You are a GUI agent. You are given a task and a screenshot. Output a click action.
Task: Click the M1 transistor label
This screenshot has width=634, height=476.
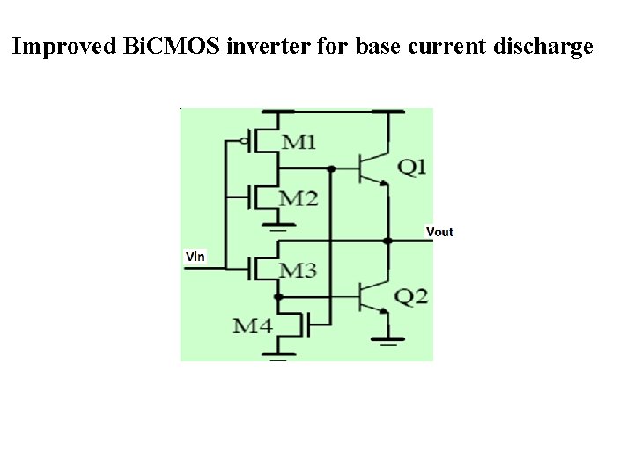point(299,141)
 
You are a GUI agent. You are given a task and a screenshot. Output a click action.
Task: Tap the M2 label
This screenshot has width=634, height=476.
point(299,198)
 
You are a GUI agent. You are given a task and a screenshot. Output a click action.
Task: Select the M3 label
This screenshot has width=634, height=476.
point(299,270)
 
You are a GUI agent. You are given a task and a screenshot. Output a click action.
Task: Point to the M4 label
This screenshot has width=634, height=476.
point(253,326)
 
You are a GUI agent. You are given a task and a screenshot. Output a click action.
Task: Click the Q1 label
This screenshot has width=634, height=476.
point(412,167)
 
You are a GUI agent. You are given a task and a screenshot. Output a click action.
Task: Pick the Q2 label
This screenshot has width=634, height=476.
point(412,297)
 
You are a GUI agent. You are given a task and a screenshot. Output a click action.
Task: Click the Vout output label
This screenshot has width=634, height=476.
point(439,232)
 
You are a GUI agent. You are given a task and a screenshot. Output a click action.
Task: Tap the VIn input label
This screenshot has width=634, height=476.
point(195,257)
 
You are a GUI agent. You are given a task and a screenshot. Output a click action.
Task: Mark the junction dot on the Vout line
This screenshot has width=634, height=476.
point(387,241)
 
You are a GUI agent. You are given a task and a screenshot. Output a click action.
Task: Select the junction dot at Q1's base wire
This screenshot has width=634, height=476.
point(331,168)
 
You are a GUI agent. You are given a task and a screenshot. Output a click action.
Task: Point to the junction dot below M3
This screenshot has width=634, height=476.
point(278,297)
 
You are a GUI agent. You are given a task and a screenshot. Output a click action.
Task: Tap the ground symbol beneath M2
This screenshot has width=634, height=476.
point(278,227)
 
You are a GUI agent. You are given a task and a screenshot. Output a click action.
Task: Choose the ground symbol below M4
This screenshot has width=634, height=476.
point(278,357)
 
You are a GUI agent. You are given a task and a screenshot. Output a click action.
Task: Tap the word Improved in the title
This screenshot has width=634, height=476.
point(62,47)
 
